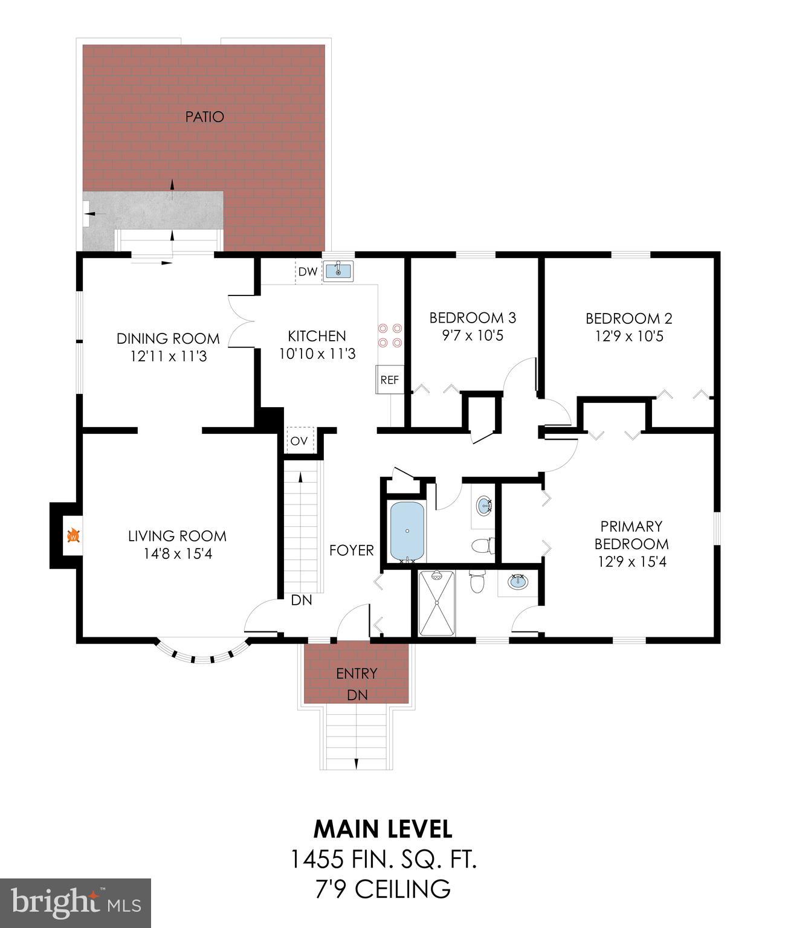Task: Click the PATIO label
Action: pyautogui.click(x=204, y=117)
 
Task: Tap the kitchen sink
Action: pyautogui.click(x=338, y=271)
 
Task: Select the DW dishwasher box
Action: pyautogui.click(x=308, y=272)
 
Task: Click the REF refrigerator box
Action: pyautogui.click(x=389, y=380)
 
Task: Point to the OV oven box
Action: pyautogui.click(x=299, y=440)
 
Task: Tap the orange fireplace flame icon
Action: pyautogui.click(x=73, y=535)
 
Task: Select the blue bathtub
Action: pyautogui.click(x=407, y=532)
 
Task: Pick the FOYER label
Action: pyautogui.click(x=351, y=550)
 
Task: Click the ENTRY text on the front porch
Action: pyautogui.click(x=357, y=673)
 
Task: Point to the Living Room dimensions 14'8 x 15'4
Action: pyautogui.click(x=178, y=553)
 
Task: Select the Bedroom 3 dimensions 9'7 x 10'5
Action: pyautogui.click(x=473, y=336)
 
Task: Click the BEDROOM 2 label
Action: pyautogui.click(x=628, y=318)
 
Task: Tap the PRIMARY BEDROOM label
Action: pyautogui.click(x=631, y=535)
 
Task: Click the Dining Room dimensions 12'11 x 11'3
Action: pyautogui.click(x=168, y=356)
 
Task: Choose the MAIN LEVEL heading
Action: pyautogui.click(x=383, y=829)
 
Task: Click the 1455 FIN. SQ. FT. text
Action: pyautogui.click(x=384, y=859)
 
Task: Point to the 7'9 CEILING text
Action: pyautogui.click(x=384, y=889)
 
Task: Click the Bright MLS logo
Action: pyautogui.click(x=76, y=902)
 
